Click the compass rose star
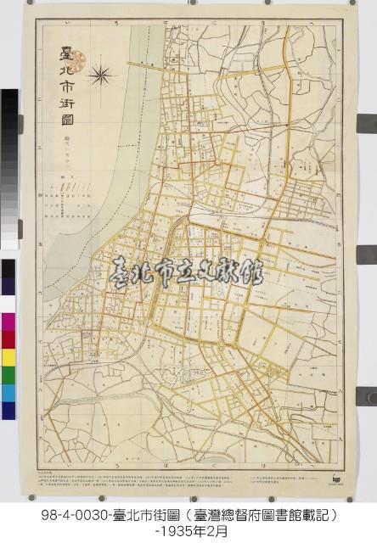pos(99,76)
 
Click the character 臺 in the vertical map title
pos(61,53)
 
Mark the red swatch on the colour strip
pos(8,339)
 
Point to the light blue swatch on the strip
pos(8,392)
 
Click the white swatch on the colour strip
pos(8,304)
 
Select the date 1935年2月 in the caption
pos(188,530)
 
